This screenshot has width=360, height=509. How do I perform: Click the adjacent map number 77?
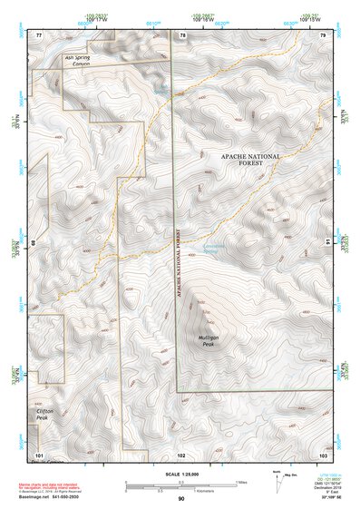point(39,34)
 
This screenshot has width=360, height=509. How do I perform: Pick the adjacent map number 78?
point(181,34)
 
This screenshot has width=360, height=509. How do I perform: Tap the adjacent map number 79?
point(322,34)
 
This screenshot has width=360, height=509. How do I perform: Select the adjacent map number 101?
point(39,454)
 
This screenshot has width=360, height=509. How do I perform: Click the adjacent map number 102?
point(181,454)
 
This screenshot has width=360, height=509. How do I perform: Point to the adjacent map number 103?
point(322,454)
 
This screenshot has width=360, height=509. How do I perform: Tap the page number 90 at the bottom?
point(181,499)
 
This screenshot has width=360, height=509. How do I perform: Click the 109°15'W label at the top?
point(310,19)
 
